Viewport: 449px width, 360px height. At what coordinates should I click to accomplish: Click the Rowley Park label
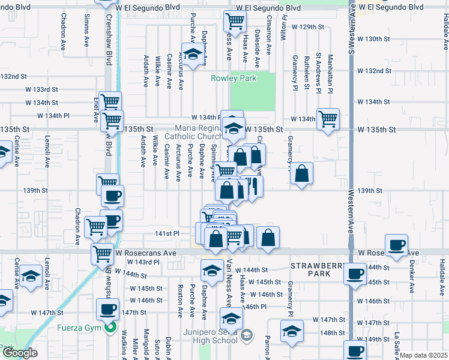point(234,78)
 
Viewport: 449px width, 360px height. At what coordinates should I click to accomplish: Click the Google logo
point(20,353)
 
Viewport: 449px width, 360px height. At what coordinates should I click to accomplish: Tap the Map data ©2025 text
point(424,355)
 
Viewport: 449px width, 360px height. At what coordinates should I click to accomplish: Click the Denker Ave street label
point(412,280)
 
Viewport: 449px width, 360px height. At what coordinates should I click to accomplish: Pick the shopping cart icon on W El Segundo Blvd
point(234,22)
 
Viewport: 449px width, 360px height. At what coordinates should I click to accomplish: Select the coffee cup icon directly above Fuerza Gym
point(109,309)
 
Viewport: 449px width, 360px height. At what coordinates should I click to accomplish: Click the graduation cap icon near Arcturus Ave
point(193,55)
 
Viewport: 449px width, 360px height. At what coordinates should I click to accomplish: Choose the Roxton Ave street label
point(179,301)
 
